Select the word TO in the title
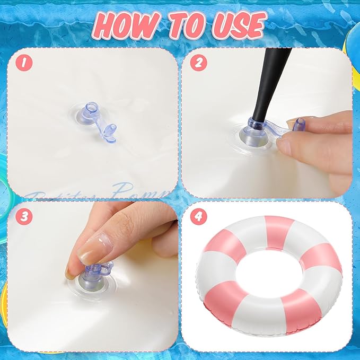tap(183, 24)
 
